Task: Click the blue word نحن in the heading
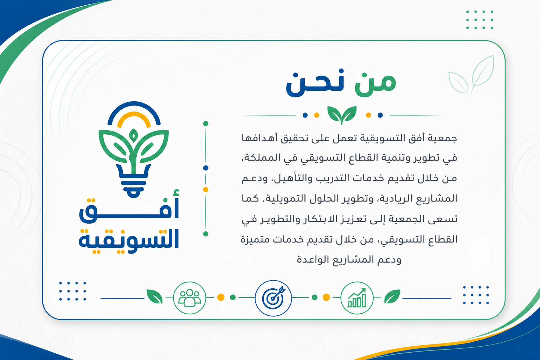[x=315, y=83]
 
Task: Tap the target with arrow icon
[x=274, y=298]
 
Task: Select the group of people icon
[x=189, y=298]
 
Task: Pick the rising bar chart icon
[x=357, y=298]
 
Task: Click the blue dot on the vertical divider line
[x=206, y=168]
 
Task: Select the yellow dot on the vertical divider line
[x=206, y=189]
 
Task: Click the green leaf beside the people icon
[x=154, y=296]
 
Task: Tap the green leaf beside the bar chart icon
[x=392, y=296]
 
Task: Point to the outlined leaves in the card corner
[x=471, y=76]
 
